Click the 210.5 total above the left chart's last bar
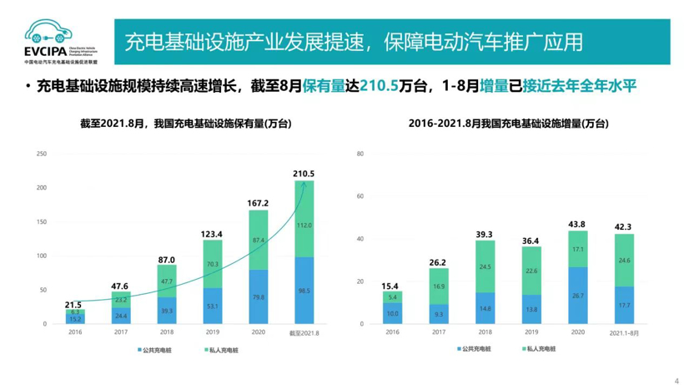[304, 173]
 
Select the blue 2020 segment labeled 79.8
[259, 296]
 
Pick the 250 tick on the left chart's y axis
[42, 154]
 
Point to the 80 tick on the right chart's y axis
[360, 154]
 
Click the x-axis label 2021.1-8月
[625, 332]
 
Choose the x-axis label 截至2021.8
[304, 332]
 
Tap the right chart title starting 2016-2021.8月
[508, 124]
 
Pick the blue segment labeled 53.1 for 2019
[213, 306]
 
